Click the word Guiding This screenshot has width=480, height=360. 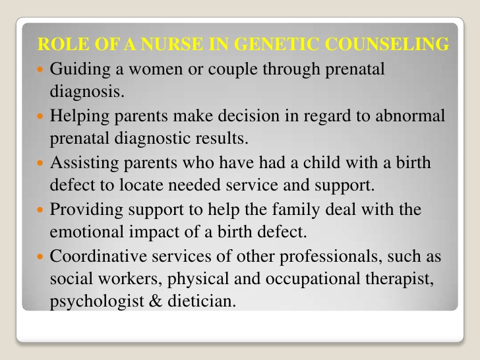76,69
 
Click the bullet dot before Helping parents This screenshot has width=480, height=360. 42,116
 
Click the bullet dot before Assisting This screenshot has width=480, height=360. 42,163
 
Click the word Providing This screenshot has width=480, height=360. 84,210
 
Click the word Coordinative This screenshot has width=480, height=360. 98,256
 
